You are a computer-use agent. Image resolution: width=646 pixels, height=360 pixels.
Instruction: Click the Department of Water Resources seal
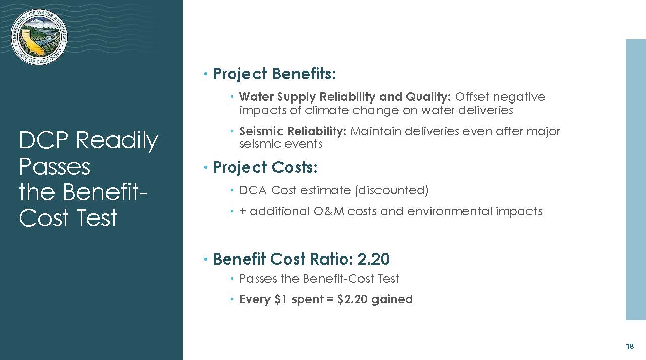tap(39, 37)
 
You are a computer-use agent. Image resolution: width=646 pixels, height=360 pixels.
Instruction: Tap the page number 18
tap(630, 346)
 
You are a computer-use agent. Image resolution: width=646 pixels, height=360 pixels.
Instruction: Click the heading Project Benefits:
tap(274, 74)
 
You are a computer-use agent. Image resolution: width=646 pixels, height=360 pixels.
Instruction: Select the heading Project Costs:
tap(265, 167)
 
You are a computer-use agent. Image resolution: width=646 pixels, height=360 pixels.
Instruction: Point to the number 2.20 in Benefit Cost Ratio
tap(373, 259)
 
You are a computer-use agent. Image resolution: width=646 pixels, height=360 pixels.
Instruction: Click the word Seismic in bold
tap(261, 132)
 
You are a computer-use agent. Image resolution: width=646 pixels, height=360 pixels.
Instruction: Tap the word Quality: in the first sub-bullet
tap(428, 97)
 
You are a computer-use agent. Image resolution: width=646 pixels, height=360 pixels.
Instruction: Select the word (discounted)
tap(392, 190)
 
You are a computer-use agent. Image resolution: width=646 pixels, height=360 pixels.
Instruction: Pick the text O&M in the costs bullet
tap(329, 211)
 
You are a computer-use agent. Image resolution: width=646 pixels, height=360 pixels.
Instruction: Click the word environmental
tap(450, 211)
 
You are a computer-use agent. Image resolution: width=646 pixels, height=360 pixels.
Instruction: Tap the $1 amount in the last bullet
tap(281, 299)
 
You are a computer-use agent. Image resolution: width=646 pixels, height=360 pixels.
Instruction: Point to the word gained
tap(392, 300)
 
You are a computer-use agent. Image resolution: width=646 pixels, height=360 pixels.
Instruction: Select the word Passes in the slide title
tap(55, 167)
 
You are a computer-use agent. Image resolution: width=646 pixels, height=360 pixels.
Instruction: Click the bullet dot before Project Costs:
tap(206, 167)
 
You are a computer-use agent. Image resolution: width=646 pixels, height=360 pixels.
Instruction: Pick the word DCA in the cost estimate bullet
tap(253, 190)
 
